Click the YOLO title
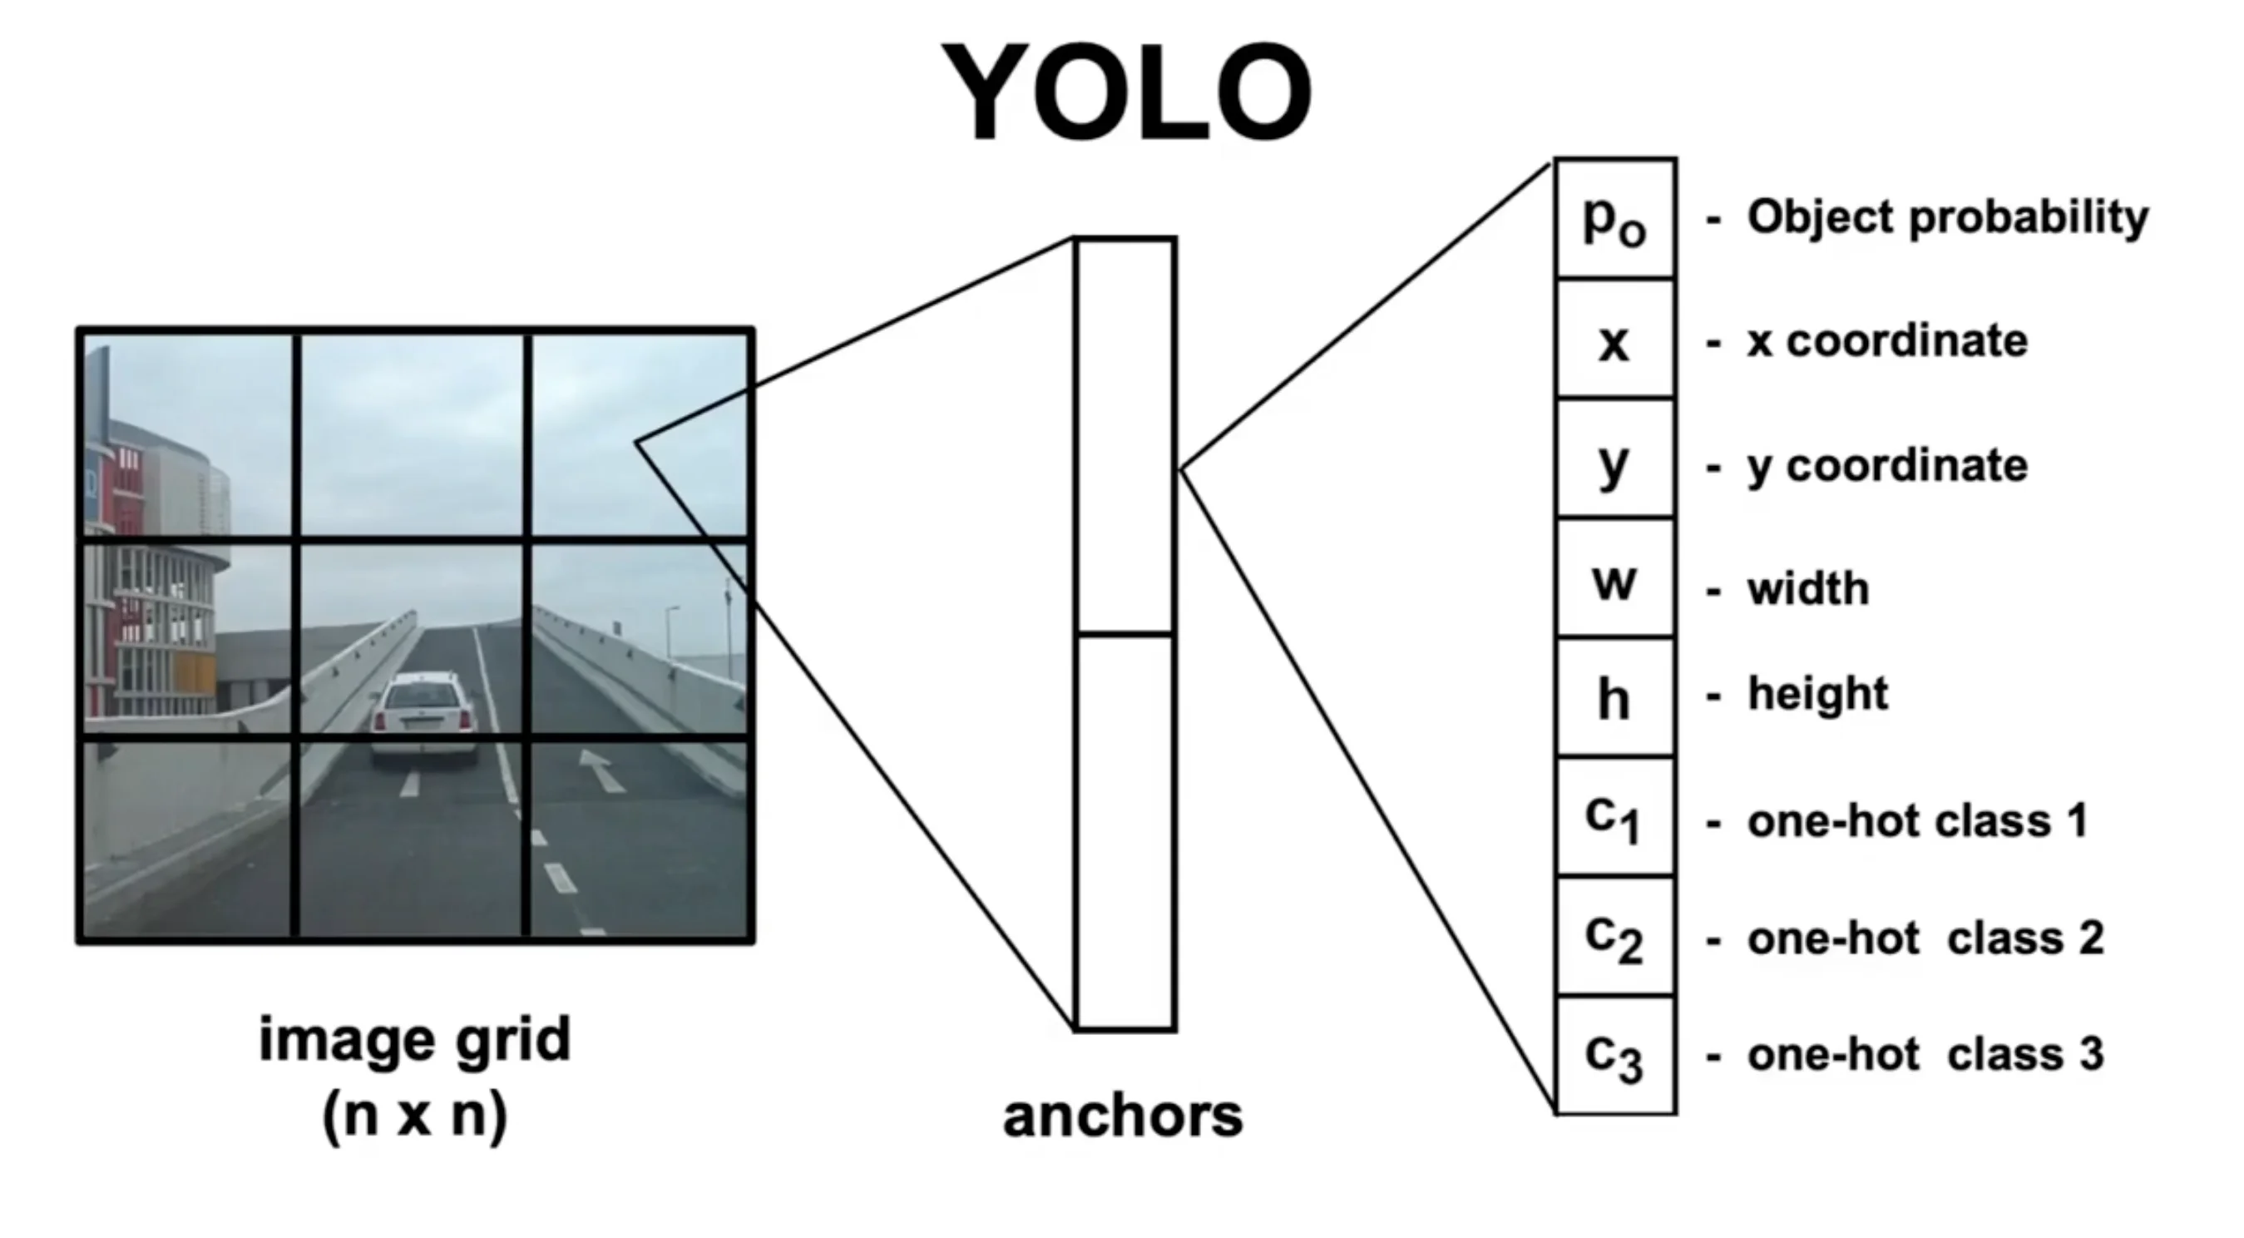coord(1126,92)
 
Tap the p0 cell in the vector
coord(1614,220)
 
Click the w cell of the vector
coord(1614,579)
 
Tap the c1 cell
coord(1614,818)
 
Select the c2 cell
coord(1614,938)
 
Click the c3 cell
coord(1614,1056)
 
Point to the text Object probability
coord(1947,218)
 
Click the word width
coord(1808,589)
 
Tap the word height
coord(1818,695)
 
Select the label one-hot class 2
coord(1925,938)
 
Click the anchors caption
coord(1123,1116)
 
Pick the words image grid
coord(415,1039)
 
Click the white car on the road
coord(423,715)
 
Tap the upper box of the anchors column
coord(1125,436)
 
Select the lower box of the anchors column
coord(1125,832)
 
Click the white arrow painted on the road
coord(601,769)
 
